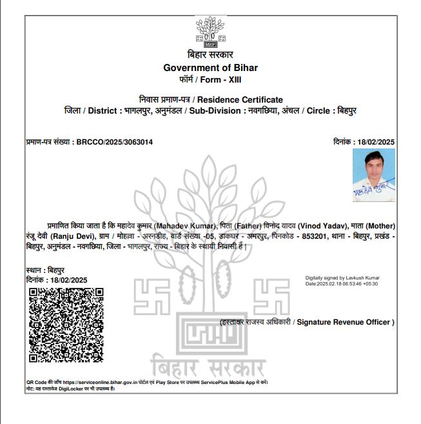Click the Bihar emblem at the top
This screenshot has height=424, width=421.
pyautogui.click(x=210, y=32)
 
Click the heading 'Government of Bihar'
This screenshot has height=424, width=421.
pyautogui.click(x=210, y=68)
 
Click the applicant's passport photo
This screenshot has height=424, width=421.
pyautogui.click(x=374, y=176)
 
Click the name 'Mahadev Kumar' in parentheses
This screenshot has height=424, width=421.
pyautogui.click(x=186, y=226)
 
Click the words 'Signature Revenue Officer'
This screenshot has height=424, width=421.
pyautogui.click(x=346, y=322)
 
